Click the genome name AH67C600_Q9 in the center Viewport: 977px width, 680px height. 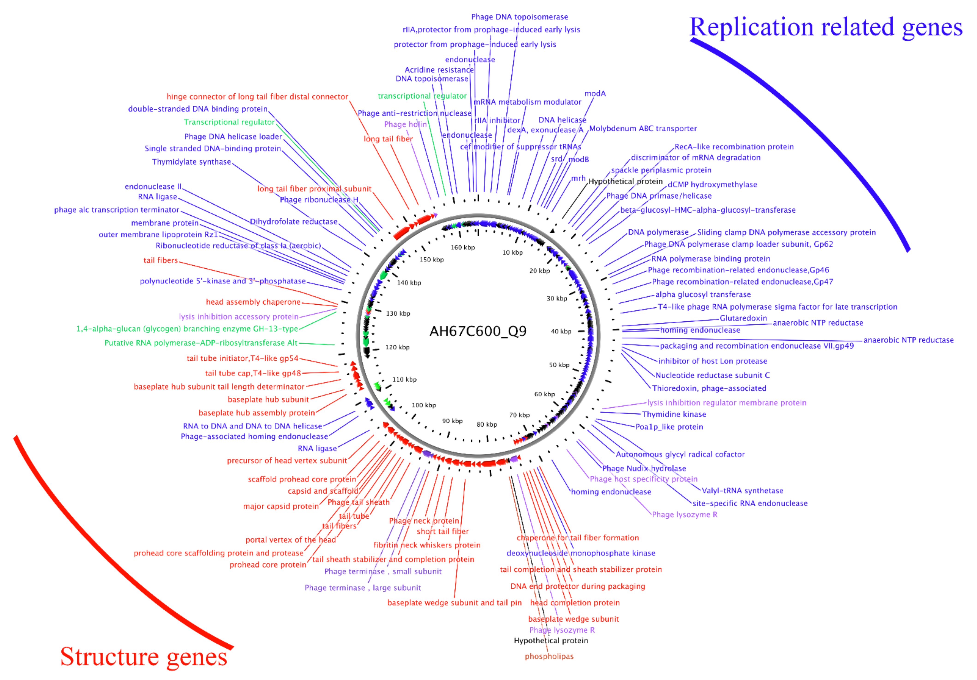click(478, 331)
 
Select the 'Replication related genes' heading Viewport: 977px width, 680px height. click(825, 27)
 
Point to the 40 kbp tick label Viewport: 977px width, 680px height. click(561, 331)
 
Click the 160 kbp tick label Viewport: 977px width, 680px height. click(463, 247)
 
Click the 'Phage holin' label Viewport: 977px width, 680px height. click(405, 124)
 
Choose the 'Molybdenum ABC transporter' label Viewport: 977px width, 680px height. click(642, 128)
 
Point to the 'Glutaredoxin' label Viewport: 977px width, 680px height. click(743, 318)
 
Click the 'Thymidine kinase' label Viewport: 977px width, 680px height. click(674, 414)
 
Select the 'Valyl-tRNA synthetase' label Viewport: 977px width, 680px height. click(742, 490)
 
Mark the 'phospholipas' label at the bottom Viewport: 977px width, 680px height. click(549, 656)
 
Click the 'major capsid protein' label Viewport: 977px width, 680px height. click(281, 506)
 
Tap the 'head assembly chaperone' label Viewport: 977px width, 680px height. click(253, 302)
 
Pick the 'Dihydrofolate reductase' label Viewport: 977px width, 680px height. click(294, 222)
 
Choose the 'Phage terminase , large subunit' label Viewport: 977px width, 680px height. click(363, 588)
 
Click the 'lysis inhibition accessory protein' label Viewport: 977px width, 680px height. click(239, 316)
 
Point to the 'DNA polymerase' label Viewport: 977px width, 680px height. click(658, 232)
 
